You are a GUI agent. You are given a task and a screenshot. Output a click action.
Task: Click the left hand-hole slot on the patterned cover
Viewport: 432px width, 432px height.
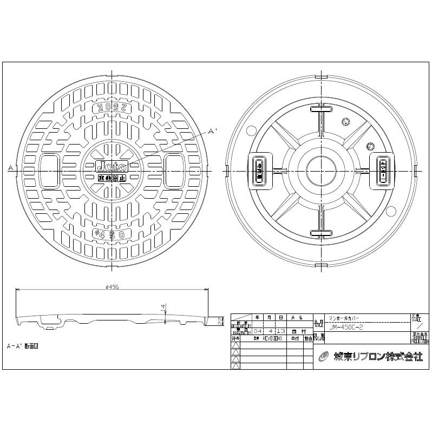coord(50,169)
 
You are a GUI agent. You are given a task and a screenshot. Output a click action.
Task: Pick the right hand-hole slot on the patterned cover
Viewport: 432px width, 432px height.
coord(175,169)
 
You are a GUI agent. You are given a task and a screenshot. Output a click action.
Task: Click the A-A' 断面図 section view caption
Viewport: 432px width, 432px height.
coord(23,345)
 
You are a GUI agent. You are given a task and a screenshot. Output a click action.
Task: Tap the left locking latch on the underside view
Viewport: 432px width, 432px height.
coord(259,169)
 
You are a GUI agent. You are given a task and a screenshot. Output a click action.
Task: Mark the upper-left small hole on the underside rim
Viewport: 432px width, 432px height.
coord(250,130)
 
